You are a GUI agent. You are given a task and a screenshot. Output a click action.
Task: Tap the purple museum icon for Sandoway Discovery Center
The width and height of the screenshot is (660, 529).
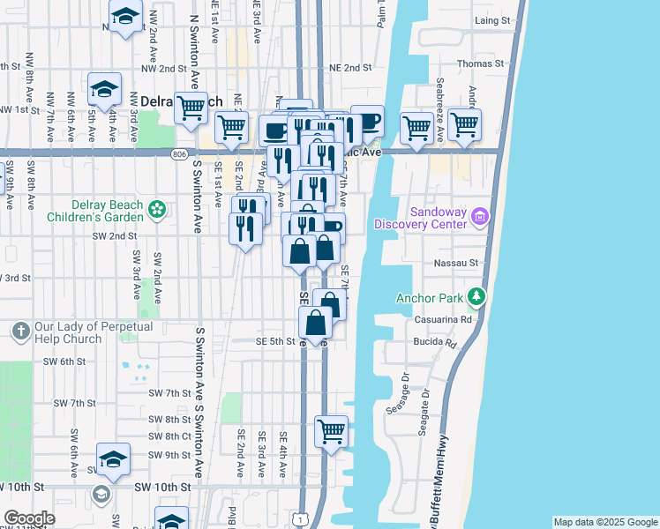click(479, 215)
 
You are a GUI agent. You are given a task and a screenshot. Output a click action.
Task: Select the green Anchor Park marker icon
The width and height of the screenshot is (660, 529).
click(476, 296)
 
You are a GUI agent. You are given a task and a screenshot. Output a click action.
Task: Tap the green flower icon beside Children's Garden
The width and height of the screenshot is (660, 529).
click(156, 210)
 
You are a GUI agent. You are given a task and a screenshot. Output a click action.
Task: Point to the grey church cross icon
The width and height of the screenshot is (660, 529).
click(21, 332)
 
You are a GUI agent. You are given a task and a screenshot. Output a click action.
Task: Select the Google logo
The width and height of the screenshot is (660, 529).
click(30, 518)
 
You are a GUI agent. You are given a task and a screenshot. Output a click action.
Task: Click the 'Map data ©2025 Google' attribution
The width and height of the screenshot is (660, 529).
click(605, 522)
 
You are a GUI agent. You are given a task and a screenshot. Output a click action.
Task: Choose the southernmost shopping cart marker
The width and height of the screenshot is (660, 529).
click(331, 432)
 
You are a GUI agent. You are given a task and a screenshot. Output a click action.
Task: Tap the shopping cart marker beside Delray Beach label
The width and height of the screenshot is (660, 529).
click(191, 108)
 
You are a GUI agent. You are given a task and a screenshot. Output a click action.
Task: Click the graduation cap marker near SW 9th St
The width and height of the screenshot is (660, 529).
click(113, 458)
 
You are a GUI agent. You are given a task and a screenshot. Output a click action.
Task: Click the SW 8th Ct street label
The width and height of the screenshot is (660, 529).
click(169, 436)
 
